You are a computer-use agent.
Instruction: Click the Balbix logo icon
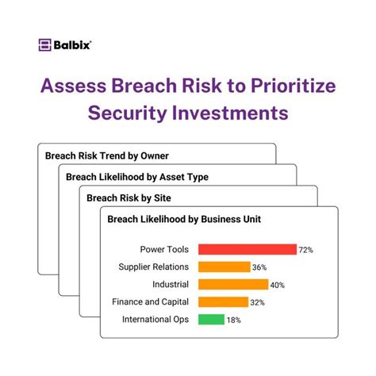(x=45, y=45)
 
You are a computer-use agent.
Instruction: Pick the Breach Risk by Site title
(x=128, y=198)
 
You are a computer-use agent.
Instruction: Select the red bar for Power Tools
(x=247, y=249)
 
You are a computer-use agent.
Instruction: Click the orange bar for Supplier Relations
(x=224, y=267)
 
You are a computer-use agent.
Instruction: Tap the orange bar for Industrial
(x=226, y=284)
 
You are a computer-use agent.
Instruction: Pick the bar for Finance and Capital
(x=221, y=301)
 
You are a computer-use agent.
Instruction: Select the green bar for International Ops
(x=211, y=319)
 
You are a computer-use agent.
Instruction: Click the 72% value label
(x=306, y=250)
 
